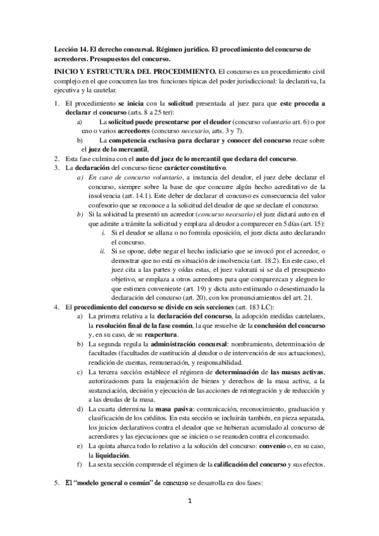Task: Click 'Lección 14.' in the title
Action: tap(71, 49)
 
